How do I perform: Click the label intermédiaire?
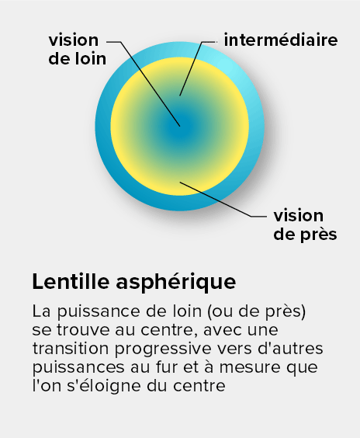point(281,40)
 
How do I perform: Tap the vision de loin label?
point(78,50)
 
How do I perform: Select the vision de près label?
point(305,225)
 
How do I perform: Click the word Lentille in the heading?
point(71,282)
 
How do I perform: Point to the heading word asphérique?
point(176,283)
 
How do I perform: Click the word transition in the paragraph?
point(71,349)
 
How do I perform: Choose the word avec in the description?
point(220,331)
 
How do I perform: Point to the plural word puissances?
point(78,368)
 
